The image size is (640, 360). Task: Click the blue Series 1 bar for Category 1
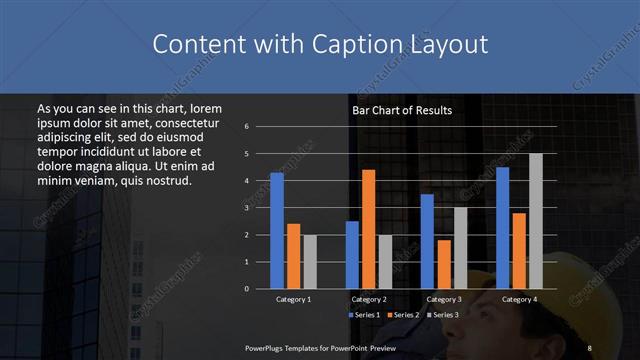[277, 231]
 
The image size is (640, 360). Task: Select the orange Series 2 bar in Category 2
[368, 229]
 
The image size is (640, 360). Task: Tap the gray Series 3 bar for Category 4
[535, 221]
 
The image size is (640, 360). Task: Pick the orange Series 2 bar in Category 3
[443, 264]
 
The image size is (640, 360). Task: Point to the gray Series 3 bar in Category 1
[310, 262]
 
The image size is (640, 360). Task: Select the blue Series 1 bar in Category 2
[352, 255]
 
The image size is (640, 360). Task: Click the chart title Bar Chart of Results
[402, 110]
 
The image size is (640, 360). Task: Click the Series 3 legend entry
[444, 315]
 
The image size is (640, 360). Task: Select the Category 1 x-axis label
[293, 299]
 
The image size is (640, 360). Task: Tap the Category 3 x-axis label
[443, 299]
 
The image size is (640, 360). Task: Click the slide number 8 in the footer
[589, 347]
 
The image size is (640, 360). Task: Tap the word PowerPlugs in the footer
[270, 347]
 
